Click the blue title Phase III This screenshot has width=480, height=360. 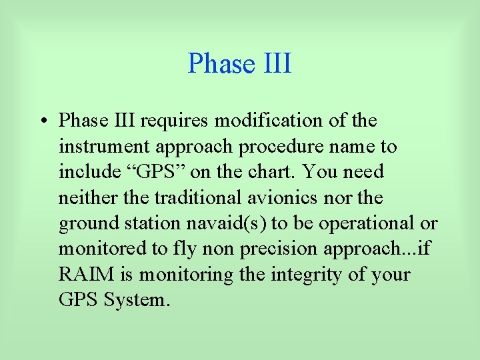point(239,63)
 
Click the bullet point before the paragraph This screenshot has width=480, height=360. point(42,121)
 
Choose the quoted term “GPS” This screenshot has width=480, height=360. point(160,172)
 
